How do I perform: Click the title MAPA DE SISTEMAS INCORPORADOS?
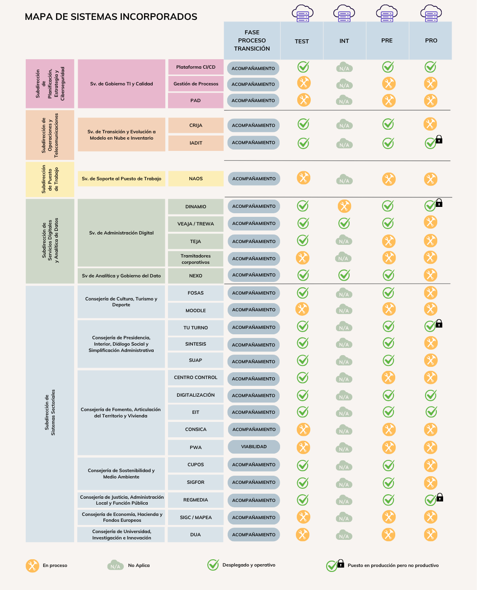[x=111, y=17]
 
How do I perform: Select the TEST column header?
[x=302, y=41]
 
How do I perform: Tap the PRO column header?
[x=431, y=41]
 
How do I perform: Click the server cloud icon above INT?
[x=344, y=14]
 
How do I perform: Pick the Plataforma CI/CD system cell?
[x=196, y=67]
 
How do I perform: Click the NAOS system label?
[x=196, y=179]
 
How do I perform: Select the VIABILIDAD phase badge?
[x=254, y=447]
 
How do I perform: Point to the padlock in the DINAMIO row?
[x=439, y=203]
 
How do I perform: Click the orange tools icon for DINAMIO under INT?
[x=344, y=206]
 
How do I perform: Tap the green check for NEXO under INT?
[x=344, y=275]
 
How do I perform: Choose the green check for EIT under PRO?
[x=431, y=412]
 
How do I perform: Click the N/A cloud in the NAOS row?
[x=344, y=180]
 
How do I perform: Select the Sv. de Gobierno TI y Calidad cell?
[x=122, y=84]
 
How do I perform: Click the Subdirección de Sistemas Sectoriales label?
[x=50, y=412]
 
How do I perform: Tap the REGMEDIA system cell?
[x=196, y=500]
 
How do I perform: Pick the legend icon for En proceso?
[x=32, y=566]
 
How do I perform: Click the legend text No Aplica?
[x=139, y=566]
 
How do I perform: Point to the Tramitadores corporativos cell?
[x=196, y=259]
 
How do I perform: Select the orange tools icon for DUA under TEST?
[x=302, y=534]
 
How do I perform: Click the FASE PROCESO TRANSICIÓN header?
[x=252, y=41]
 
